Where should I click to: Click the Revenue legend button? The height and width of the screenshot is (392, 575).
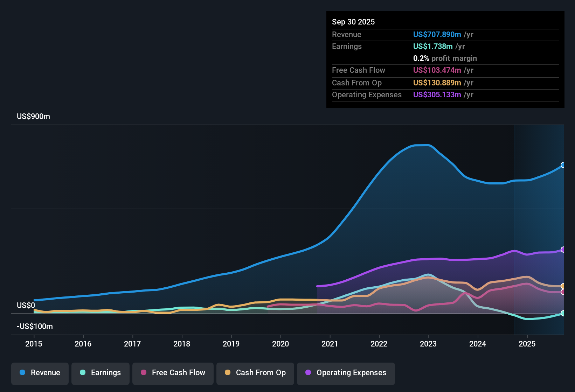click(40, 373)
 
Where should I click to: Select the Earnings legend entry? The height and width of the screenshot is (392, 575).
click(100, 373)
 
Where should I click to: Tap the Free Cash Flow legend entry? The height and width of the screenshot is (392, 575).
click(173, 373)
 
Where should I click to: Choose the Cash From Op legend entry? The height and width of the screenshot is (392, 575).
click(255, 373)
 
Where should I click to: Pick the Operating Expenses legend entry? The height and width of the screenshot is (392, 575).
click(346, 373)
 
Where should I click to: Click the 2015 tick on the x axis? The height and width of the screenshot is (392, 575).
click(34, 344)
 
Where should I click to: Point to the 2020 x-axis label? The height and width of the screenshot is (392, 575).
click(280, 344)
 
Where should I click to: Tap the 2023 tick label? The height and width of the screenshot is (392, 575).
click(428, 344)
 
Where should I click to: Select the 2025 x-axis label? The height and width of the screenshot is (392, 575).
click(527, 344)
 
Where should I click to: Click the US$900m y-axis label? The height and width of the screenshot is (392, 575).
click(33, 117)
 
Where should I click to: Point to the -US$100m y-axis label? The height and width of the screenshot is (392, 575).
click(35, 327)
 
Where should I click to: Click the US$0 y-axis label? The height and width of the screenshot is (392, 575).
click(26, 306)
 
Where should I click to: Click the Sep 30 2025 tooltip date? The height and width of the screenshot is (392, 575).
click(353, 22)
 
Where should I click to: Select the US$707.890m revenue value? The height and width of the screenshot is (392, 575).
click(437, 35)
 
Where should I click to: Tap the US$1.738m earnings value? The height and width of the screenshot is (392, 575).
click(432, 47)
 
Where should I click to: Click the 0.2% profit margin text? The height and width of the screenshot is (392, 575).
click(445, 58)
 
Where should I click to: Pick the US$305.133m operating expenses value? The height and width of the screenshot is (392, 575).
click(437, 95)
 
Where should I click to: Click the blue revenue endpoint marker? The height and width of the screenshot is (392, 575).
click(563, 165)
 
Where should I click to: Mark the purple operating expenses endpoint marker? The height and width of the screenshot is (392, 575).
click(563, 250)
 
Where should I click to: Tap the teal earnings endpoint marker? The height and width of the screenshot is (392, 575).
click(563, 313)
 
